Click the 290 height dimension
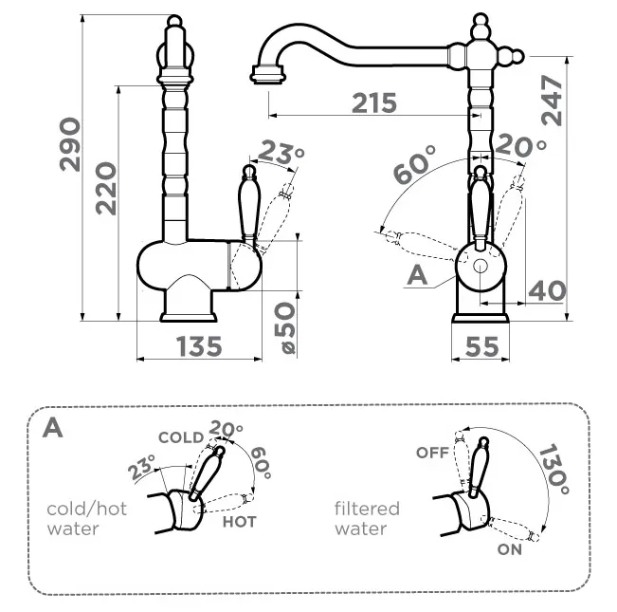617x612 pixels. pyautogui.click(x=70, y=145)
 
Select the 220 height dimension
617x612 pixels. pyautogui.click(x=105, y=187)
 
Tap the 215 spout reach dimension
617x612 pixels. pyautogui.click(x=373, y=103)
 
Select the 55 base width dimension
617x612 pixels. pyautogui.click(x=482, y=347)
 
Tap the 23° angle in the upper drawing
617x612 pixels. pyautogui.click(x=282, y=152)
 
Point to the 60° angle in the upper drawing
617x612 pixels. pyautogui.click(x=414, y=163)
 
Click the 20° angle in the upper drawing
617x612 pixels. pyautogui.click(x=521, y=146)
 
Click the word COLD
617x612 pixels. pyautogui.click(x=180, y=437)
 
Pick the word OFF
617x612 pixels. pyautogui.click(x=431, y=453)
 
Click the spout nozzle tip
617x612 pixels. pyautogui.click(x=267, y=71)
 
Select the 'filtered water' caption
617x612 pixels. pyautogui.click(x=367, y=518)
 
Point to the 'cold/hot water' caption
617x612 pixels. pyautogui.click(x=86, y=518)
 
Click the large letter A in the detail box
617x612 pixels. pyautogui.click(x=54, y=427)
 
